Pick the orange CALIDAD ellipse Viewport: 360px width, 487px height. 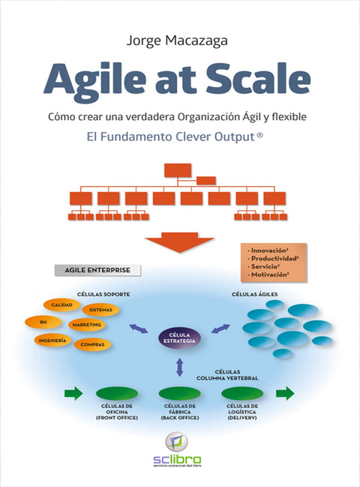[x=62, y=305]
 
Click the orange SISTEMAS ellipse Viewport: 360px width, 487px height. [x=100, y=309]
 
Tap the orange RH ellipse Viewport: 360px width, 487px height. [x=43, y=322]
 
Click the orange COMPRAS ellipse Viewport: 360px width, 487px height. [x=93, y=345]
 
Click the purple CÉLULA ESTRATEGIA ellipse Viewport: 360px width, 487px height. [x=180, y=338]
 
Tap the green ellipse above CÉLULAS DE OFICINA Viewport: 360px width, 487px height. [x=116, y=393]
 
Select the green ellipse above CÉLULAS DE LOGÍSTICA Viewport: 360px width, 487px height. [x=242, y=393]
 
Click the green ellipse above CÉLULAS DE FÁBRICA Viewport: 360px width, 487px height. [x=180, y=393]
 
